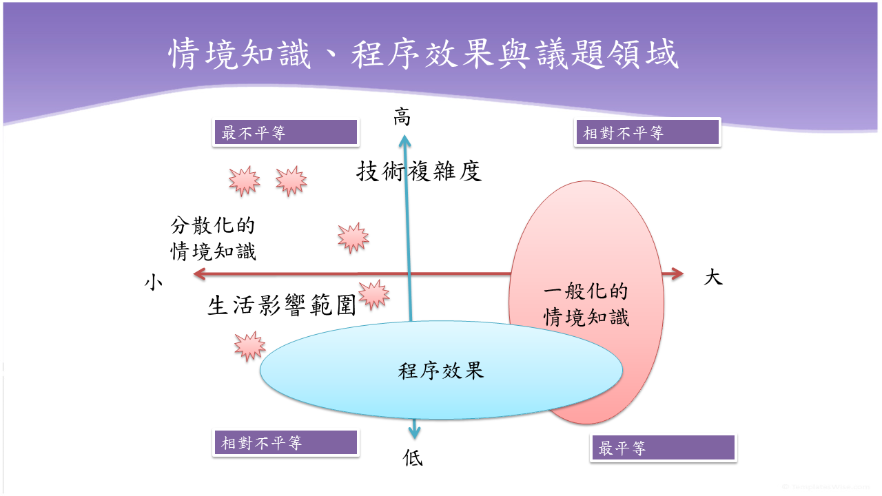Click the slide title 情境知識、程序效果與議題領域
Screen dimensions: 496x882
(424, 54)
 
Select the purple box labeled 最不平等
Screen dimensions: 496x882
(286, 132)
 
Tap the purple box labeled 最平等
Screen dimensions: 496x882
(664, 448)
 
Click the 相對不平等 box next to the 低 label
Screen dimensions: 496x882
(286, 443)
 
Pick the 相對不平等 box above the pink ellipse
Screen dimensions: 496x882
(647, 132)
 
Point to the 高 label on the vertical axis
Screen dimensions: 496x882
(402, 118)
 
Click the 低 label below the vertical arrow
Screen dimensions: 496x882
(413, 457)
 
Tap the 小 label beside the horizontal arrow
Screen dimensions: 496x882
(153, 282)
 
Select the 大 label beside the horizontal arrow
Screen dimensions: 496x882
(713, 278)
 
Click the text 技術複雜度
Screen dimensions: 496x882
(419, 171)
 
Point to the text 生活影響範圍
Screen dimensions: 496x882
(282, 305)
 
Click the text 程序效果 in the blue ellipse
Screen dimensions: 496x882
(441, 371)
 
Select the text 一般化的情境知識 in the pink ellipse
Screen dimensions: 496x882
(586, 304)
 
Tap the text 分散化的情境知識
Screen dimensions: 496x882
(213, 238)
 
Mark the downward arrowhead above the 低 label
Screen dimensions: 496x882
(413, 432)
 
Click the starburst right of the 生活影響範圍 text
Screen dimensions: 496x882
(374, 295)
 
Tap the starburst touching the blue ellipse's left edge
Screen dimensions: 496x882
(249, 346)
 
